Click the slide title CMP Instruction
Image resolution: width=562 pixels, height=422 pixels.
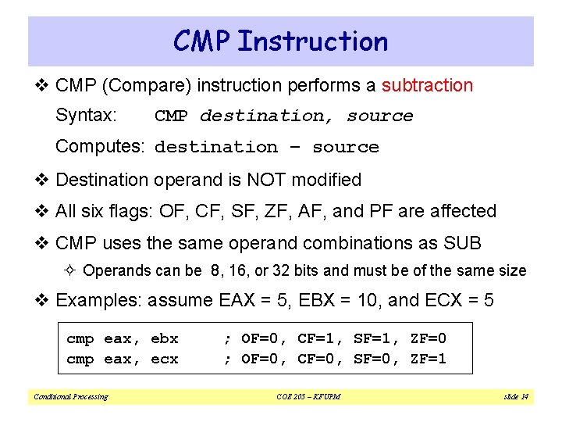point(280,41)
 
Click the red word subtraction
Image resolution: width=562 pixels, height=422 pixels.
point(427,85)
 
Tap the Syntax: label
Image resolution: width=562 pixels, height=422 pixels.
point(86,116)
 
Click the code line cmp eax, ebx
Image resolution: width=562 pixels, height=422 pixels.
point(123,338)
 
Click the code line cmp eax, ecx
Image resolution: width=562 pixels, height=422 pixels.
point(123,359)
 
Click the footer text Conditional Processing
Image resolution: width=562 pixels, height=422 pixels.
point(70,397)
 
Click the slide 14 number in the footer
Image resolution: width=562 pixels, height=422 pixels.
point(515,397)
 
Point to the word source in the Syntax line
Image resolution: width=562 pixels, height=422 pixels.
point(379,116)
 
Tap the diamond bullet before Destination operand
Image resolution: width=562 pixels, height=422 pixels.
point(45,181)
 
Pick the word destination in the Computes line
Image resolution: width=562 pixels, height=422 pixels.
point(216,147)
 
